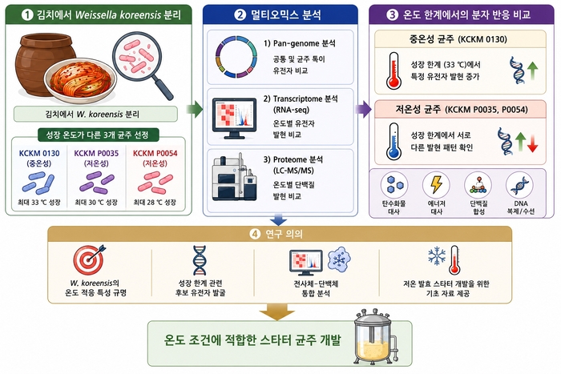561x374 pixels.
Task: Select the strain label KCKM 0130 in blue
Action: (x=39, y=154)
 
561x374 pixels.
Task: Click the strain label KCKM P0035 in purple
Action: (x=96, y=154)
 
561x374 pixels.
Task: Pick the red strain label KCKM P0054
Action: (x=155, y=154)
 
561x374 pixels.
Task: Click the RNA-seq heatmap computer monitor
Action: (x=234, y=119)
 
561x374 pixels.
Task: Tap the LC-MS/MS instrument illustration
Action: (x=234, y=178)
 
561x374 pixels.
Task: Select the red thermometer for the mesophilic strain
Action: (x=394, y=70)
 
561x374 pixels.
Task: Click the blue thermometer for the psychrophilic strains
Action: (x=394, y=142)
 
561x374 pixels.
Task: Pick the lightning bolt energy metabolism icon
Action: (x=436, y=184)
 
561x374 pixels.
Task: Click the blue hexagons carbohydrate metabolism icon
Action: (x=394, y=185)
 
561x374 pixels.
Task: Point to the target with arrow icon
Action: (x=89, y=259)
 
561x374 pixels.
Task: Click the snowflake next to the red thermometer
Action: (x=437, y=255)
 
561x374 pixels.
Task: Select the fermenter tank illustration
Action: (x=375, y=337)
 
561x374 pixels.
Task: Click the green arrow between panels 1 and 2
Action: (x=195, y=109)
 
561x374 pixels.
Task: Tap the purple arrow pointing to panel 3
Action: (x=363, y=109)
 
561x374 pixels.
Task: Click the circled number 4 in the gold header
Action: (x=255, y=234)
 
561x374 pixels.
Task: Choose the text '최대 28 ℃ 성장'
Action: (x=155, y=203)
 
